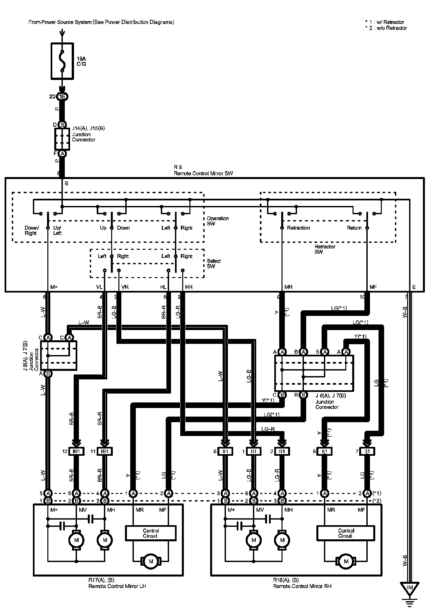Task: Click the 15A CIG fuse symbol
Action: [x=62, y=61]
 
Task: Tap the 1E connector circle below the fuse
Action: [x=62, y=96]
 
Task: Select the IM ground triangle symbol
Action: [x=410, y=588]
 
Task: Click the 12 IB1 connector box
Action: [x=76, y=451]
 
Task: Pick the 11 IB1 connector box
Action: [x=105, y=451]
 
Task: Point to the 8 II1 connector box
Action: [x=325, y=451]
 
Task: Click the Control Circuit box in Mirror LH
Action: [x=151, y=533]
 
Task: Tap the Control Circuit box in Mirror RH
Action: [x=346, y=533]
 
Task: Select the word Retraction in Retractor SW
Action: [x=298, y=228]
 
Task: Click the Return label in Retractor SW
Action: [x=354, y=228]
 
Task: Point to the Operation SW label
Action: [x=217, y=221]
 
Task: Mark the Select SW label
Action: [x=214, y=263]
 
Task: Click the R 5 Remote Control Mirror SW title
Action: [x=203, y=170]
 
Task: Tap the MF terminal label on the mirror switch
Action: [x=373, y=287]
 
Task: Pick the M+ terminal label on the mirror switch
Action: [x=54, y=287]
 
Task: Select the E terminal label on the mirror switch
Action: [x=414, y=287]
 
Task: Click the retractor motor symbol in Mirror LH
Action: [x=151, y=561]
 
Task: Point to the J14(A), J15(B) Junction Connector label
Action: [x=88, y=134]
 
